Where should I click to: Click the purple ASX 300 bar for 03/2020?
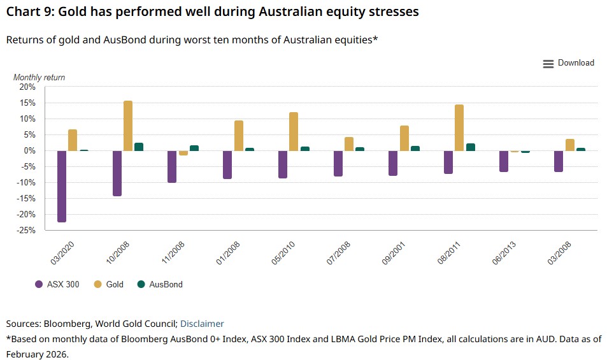tap(62, 186)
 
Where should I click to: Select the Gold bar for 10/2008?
tap(128, 126)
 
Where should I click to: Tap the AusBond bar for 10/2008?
tap(139, 147)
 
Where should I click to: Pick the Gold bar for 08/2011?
tap(459, 127)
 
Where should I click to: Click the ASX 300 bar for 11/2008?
tap(172, 166)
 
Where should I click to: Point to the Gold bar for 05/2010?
tap(294, 131)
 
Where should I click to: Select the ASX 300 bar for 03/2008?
tap(559, 161)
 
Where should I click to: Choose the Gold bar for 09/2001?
tap(404, 138)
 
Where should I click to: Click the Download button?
tap(568, 63)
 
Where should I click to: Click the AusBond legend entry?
tap(160, 284)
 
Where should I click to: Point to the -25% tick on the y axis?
tap(27, 231)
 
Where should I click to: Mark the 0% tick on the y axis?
tap(30, 151)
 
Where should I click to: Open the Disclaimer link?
tap(202, 324)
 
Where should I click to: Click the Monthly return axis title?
tap(39, 77)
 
